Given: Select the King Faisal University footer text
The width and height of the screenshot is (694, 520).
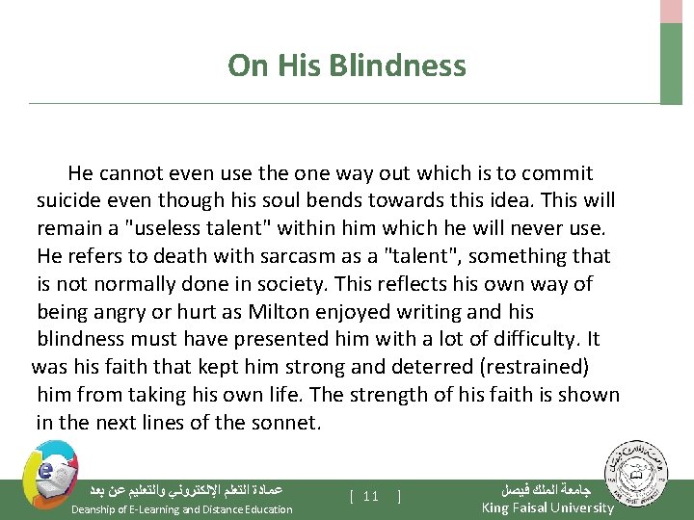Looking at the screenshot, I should click(547, 507).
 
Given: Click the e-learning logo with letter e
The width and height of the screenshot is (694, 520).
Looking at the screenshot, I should click(44, 475).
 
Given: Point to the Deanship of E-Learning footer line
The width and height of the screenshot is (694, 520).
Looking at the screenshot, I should click(182, 509).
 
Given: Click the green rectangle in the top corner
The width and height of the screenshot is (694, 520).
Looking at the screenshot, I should click(671, 63).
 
